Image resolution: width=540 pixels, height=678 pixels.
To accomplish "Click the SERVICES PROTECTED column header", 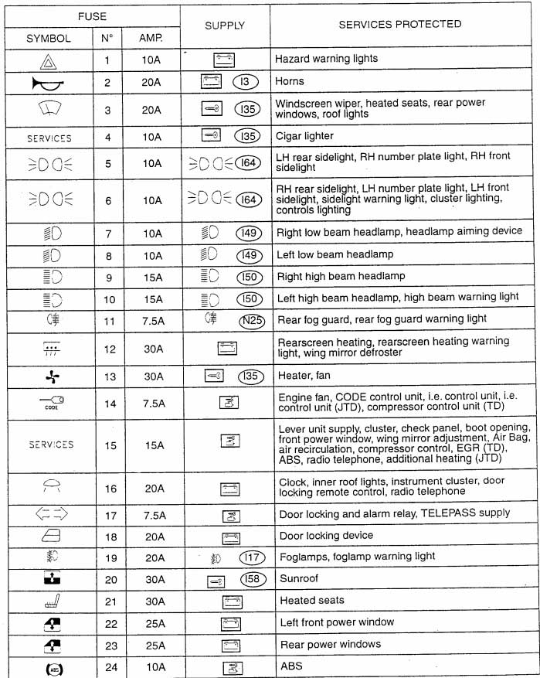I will (400, 25).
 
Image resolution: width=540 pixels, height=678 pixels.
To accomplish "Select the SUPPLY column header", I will (225, 26).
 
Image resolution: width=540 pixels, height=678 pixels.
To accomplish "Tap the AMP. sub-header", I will (151, 38).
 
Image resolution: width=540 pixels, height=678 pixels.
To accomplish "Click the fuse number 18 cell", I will (107, 535).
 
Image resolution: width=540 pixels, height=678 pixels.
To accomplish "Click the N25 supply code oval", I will (248, 319).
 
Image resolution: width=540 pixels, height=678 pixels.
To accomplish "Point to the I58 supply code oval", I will (249, 579).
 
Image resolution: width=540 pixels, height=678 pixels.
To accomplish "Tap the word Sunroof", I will (299, 578).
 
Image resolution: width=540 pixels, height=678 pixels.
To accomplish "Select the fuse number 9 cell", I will (107, 276).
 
